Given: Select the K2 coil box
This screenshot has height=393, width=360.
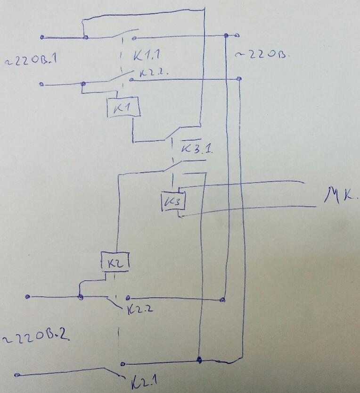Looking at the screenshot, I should click(x=115, y=261).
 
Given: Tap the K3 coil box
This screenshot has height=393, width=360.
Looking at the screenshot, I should click(x=172, y=202).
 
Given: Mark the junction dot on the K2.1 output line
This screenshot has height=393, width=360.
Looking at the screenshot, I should click(x=199, y=360).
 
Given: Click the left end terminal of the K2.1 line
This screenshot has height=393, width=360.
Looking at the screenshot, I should click(x=17, y=375).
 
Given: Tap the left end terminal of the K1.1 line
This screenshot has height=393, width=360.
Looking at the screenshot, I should click(x=42, y=37).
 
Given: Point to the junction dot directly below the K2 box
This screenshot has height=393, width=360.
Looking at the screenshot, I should click(x=80, y=297).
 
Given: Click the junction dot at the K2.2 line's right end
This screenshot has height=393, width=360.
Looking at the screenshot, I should click(x=222, y=298).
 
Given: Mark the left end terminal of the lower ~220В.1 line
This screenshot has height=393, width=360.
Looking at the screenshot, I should click(x=41, y=84).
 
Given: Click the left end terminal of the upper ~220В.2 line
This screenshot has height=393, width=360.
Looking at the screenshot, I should click(x=28, y=297).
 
